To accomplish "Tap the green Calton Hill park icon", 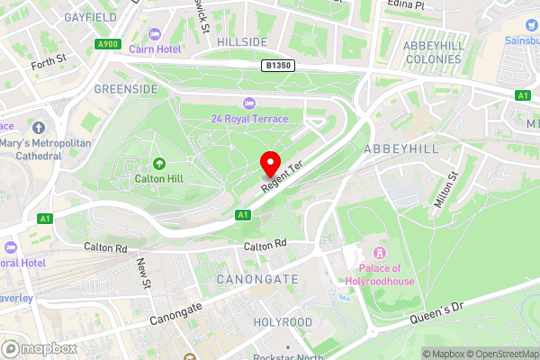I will tap(159, 163).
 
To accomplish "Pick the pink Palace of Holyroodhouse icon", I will tap(379, 253).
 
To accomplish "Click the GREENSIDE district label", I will tap(125, 89).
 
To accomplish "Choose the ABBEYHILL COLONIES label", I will tap(433, 52).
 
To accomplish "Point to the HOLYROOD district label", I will tap(282, 321).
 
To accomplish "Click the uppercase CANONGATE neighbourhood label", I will tap(256, 280).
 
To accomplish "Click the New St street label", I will tap(144, 274).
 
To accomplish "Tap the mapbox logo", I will tap(38, 348).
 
